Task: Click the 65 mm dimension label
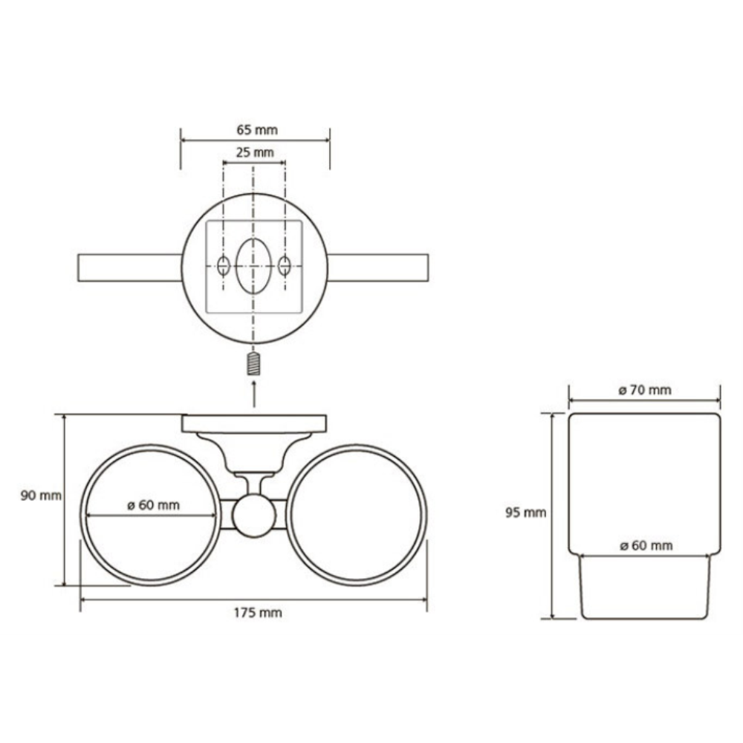pos(257,130)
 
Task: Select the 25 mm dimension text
pos(255,152)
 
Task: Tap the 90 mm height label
pos(41,496)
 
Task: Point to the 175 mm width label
pos(258,613)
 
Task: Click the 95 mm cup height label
pos(525,513)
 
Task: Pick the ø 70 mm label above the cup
pos(645,390)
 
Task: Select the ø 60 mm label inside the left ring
pos(154,505)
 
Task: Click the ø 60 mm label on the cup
pos(646,545)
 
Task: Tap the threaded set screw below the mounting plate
pos(254,364)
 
